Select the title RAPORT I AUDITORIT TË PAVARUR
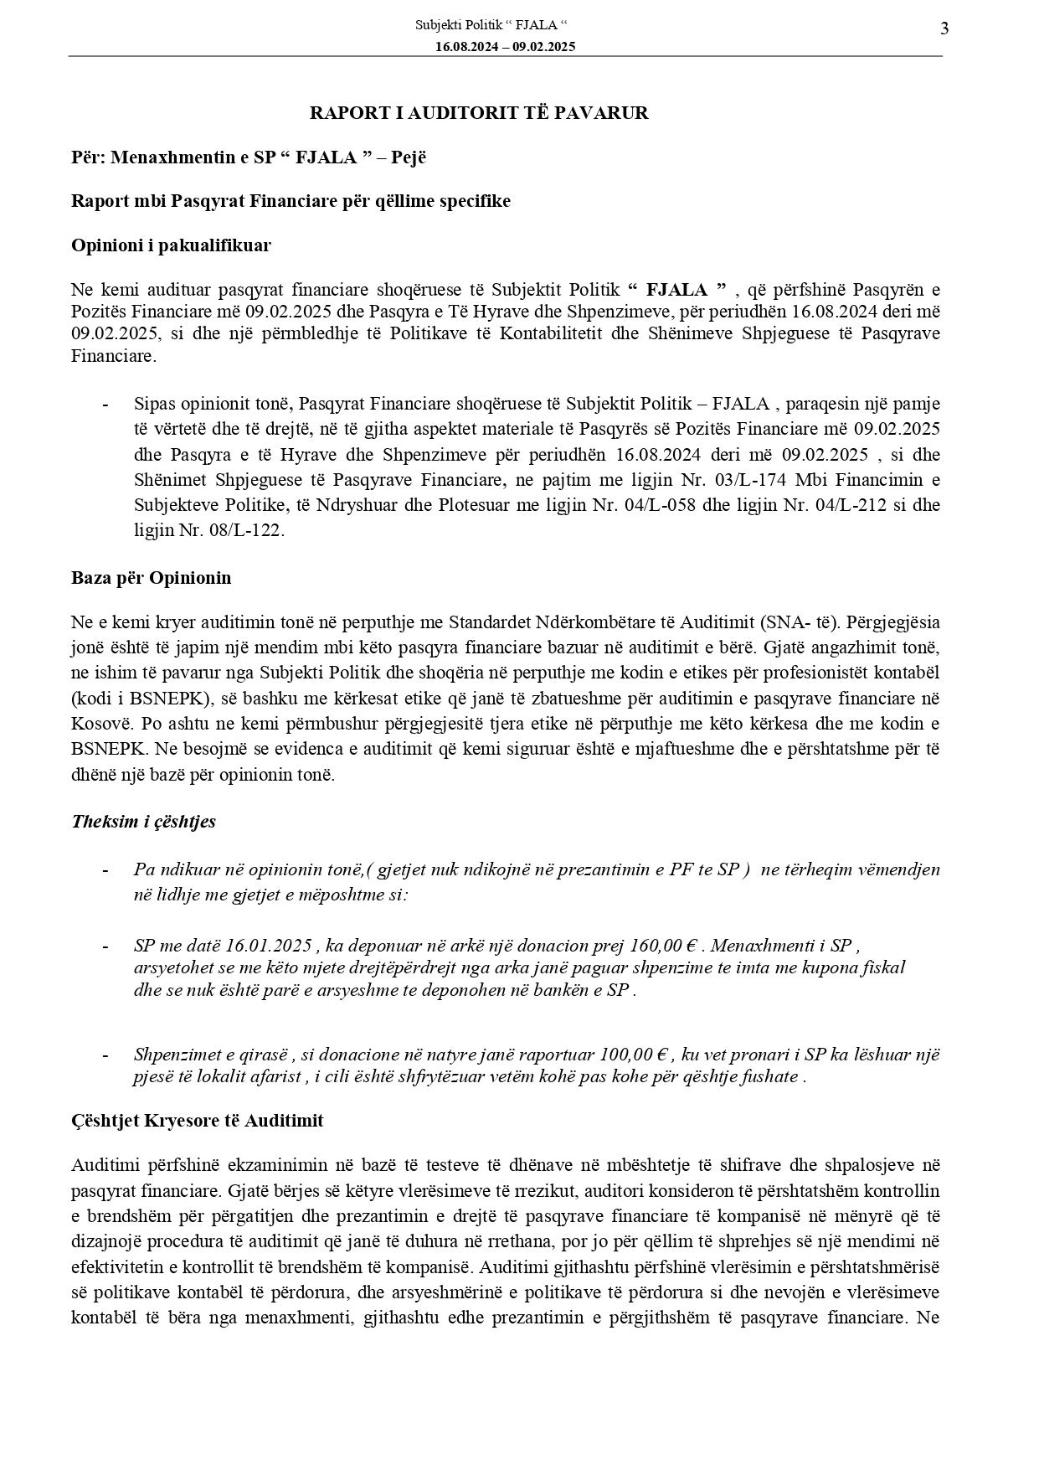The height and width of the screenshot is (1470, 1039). click(479, 113)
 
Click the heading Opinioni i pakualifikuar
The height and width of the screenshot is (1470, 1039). click(171, 245)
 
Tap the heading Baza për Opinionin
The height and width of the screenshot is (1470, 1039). click(152, 578)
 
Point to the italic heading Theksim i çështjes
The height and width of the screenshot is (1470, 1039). click(144, 821)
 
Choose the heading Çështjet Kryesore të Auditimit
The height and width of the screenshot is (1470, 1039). click(198, 1121)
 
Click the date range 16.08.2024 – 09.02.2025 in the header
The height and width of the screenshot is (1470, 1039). click(505, 47)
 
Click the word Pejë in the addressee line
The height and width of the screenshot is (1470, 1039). click(407, 157)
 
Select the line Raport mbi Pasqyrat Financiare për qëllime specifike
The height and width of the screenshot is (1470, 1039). click(291, 201)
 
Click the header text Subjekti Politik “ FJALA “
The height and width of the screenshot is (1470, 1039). click(497, 26)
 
